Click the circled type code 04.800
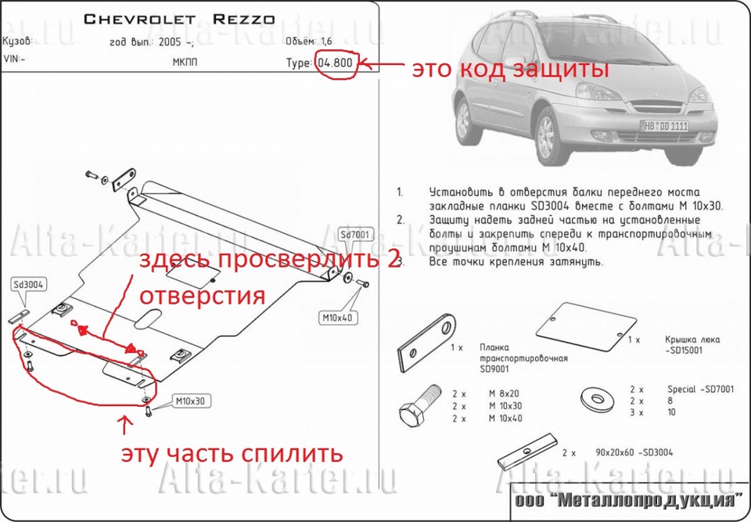point(336,63)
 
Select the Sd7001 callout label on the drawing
point(355,234)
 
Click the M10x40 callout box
point(338,318)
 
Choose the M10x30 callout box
point(189,401)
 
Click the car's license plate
point(666,125)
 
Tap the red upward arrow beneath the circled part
point(122,426)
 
